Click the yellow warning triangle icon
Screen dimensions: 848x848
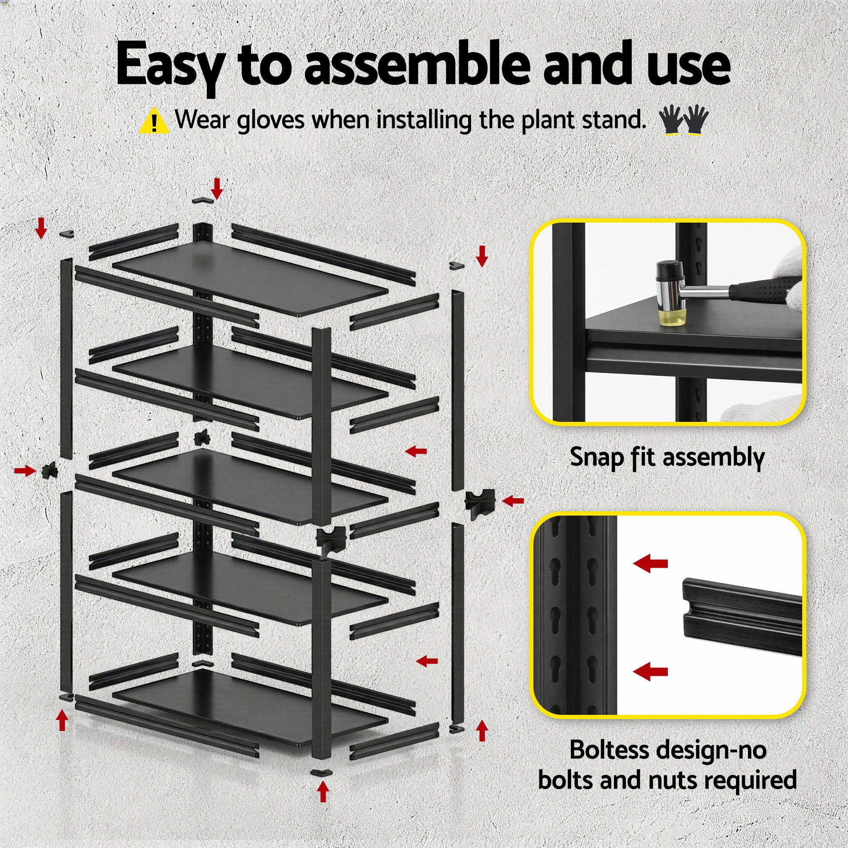153,121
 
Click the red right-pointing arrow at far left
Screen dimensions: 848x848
25,471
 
